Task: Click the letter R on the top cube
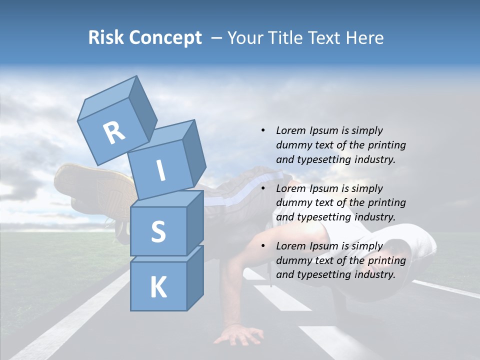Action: pos(114,133)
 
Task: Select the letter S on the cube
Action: pos(158,231)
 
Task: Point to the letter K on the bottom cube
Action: pos(158,287)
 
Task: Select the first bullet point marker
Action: pos(263,130)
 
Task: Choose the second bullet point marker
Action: pos(263,188)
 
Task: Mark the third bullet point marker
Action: pos(263,246)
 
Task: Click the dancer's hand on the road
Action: pos(238,334)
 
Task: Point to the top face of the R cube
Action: pos(107,97)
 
